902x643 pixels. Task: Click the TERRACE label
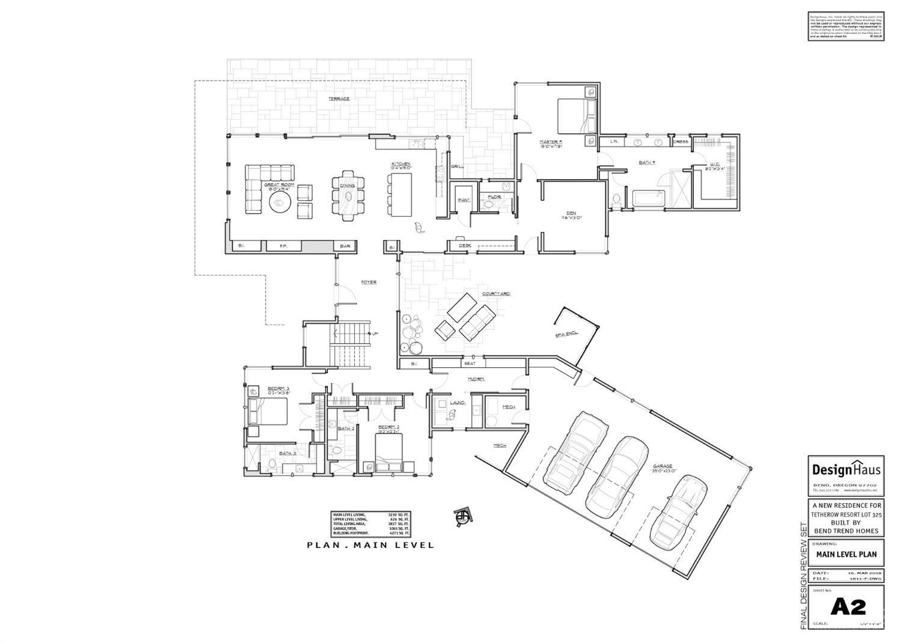(x=339, y=99)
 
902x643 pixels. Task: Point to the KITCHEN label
(x=401, y=164)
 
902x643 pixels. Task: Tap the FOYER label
(x=369, y=282)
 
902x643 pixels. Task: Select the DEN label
(x=571, y=213)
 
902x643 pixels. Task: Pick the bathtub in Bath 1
(x=647, y=198)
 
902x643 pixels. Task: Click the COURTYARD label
(x=496, y=294)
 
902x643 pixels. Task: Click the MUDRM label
(x=476, y=379)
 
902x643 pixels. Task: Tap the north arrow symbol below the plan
(x=463, y=516)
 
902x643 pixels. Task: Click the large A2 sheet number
(x=848, y=607)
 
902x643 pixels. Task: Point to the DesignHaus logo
(x=846, y=469)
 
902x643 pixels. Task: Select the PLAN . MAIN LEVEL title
(x=370, y=545)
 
